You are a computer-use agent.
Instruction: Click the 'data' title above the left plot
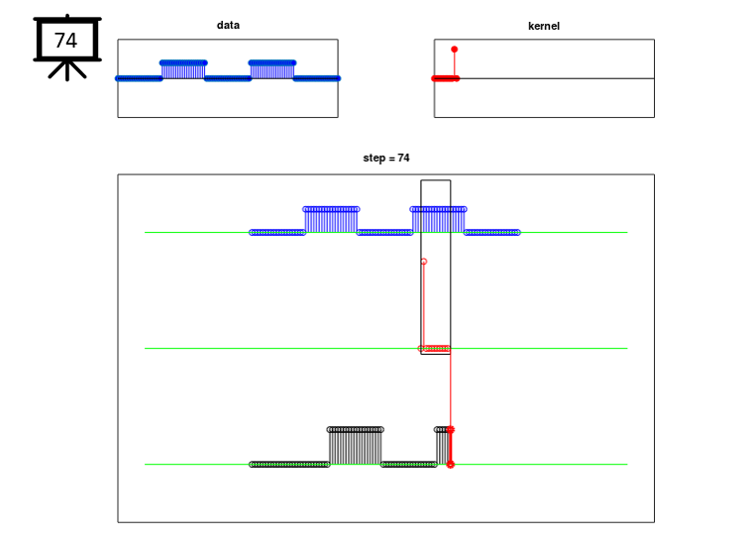click(x=228, y=25)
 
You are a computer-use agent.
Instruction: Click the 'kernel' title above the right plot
click(x=544, y=26)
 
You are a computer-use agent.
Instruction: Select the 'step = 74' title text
click(x=386, y=158)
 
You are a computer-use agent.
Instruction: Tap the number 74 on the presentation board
click(x=65, y=41)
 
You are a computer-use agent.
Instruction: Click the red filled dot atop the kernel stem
click(x=455, y=50)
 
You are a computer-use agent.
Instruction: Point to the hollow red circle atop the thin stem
click(x=424, y=262)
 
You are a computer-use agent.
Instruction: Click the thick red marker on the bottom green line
click(x=451, y=465)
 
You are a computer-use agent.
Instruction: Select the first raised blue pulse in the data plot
click(x=183, y=69)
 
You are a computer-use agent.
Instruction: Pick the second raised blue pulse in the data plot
click(x=272, y=69)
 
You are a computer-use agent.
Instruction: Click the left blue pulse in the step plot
click(x=331, y=220)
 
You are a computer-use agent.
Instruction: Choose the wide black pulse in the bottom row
click(x=356, y=446)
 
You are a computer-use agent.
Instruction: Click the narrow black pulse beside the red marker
click(x=443, y=446)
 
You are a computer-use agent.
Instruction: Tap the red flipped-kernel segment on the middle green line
click(x=436, y=348)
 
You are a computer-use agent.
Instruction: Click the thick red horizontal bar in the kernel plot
click(x=446, y=78)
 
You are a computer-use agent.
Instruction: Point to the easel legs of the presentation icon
click(x=67, y=70)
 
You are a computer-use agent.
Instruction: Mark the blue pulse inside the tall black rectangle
click(x=438, y=220)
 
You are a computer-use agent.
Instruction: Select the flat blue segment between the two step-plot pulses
click(x=384, y=233)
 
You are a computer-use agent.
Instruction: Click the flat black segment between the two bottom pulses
click(x=409, y=465)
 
